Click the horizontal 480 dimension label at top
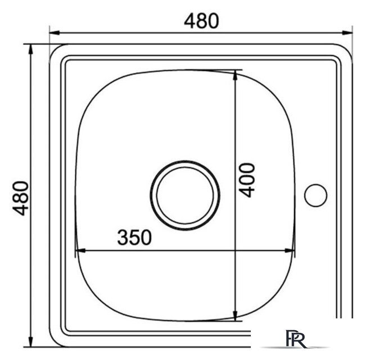point(201,21)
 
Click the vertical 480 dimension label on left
point(21,199)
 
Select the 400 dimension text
point(247,180)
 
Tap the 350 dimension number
point(134,237)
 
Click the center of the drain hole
point(185,195)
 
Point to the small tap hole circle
point(316,195)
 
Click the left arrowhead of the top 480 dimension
point(55,33)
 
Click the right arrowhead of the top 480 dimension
point(347,33)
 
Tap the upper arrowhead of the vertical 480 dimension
point(30,49)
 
